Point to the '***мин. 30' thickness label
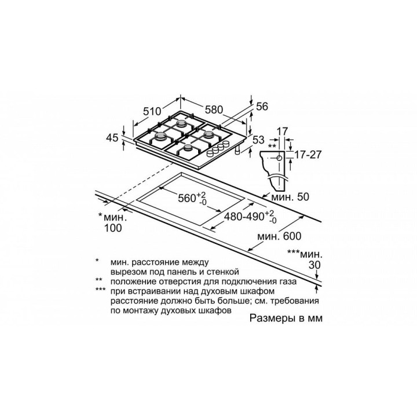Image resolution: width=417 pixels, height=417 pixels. (x=305, y=258)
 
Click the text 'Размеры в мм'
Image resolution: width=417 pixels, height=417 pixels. (x=286, y=319)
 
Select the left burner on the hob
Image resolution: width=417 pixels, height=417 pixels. (x=159, y=138)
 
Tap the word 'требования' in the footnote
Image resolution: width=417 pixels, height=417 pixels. (x=294, y=301)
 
